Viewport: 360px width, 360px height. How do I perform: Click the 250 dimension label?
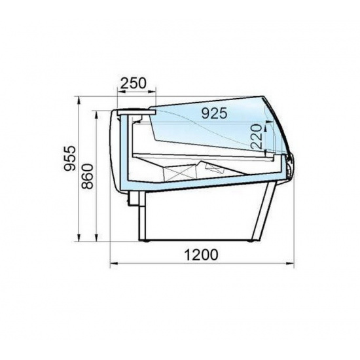point(133,83)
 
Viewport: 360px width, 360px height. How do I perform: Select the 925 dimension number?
point(214,113)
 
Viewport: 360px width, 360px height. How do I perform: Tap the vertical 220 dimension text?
point(257,137)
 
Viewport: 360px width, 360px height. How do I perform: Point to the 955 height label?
point(69,158)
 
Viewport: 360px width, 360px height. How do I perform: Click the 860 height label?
point(88,176)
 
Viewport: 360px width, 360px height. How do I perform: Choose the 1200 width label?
point(201,255)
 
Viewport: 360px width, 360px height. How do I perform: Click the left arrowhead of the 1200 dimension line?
point(114,264)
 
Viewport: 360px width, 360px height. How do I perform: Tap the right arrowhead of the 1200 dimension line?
point(291,264)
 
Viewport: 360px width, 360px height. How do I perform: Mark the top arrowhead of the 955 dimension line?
point(79,100)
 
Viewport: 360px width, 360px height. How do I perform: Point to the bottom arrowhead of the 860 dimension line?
point(97,238)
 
